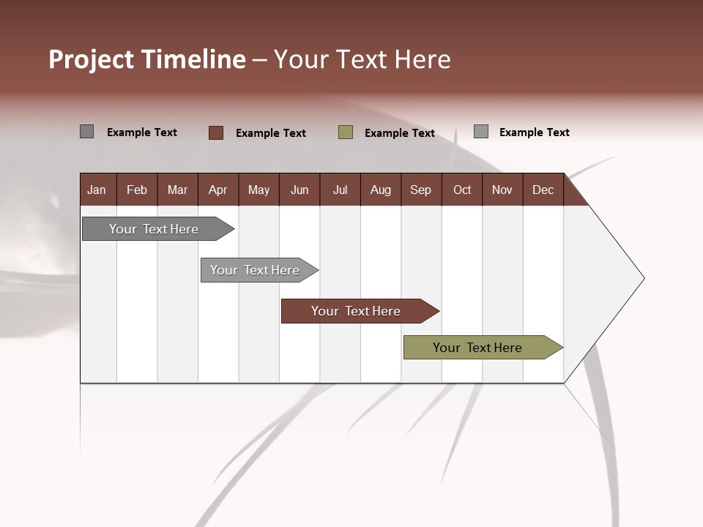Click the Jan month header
(97, 190)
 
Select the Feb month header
(137, 190)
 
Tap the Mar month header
(177, 190)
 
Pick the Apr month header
(218, 190)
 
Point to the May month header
(258, 190)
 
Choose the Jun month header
(300, 190)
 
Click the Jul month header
(340, 190)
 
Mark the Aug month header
(381, 190)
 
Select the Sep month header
(421, 190)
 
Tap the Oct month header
(462, 190)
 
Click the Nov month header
(502, 190)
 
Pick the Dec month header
(543, 190)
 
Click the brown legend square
(216, 132)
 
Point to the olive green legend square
(346, 132)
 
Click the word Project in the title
(92, 59)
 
